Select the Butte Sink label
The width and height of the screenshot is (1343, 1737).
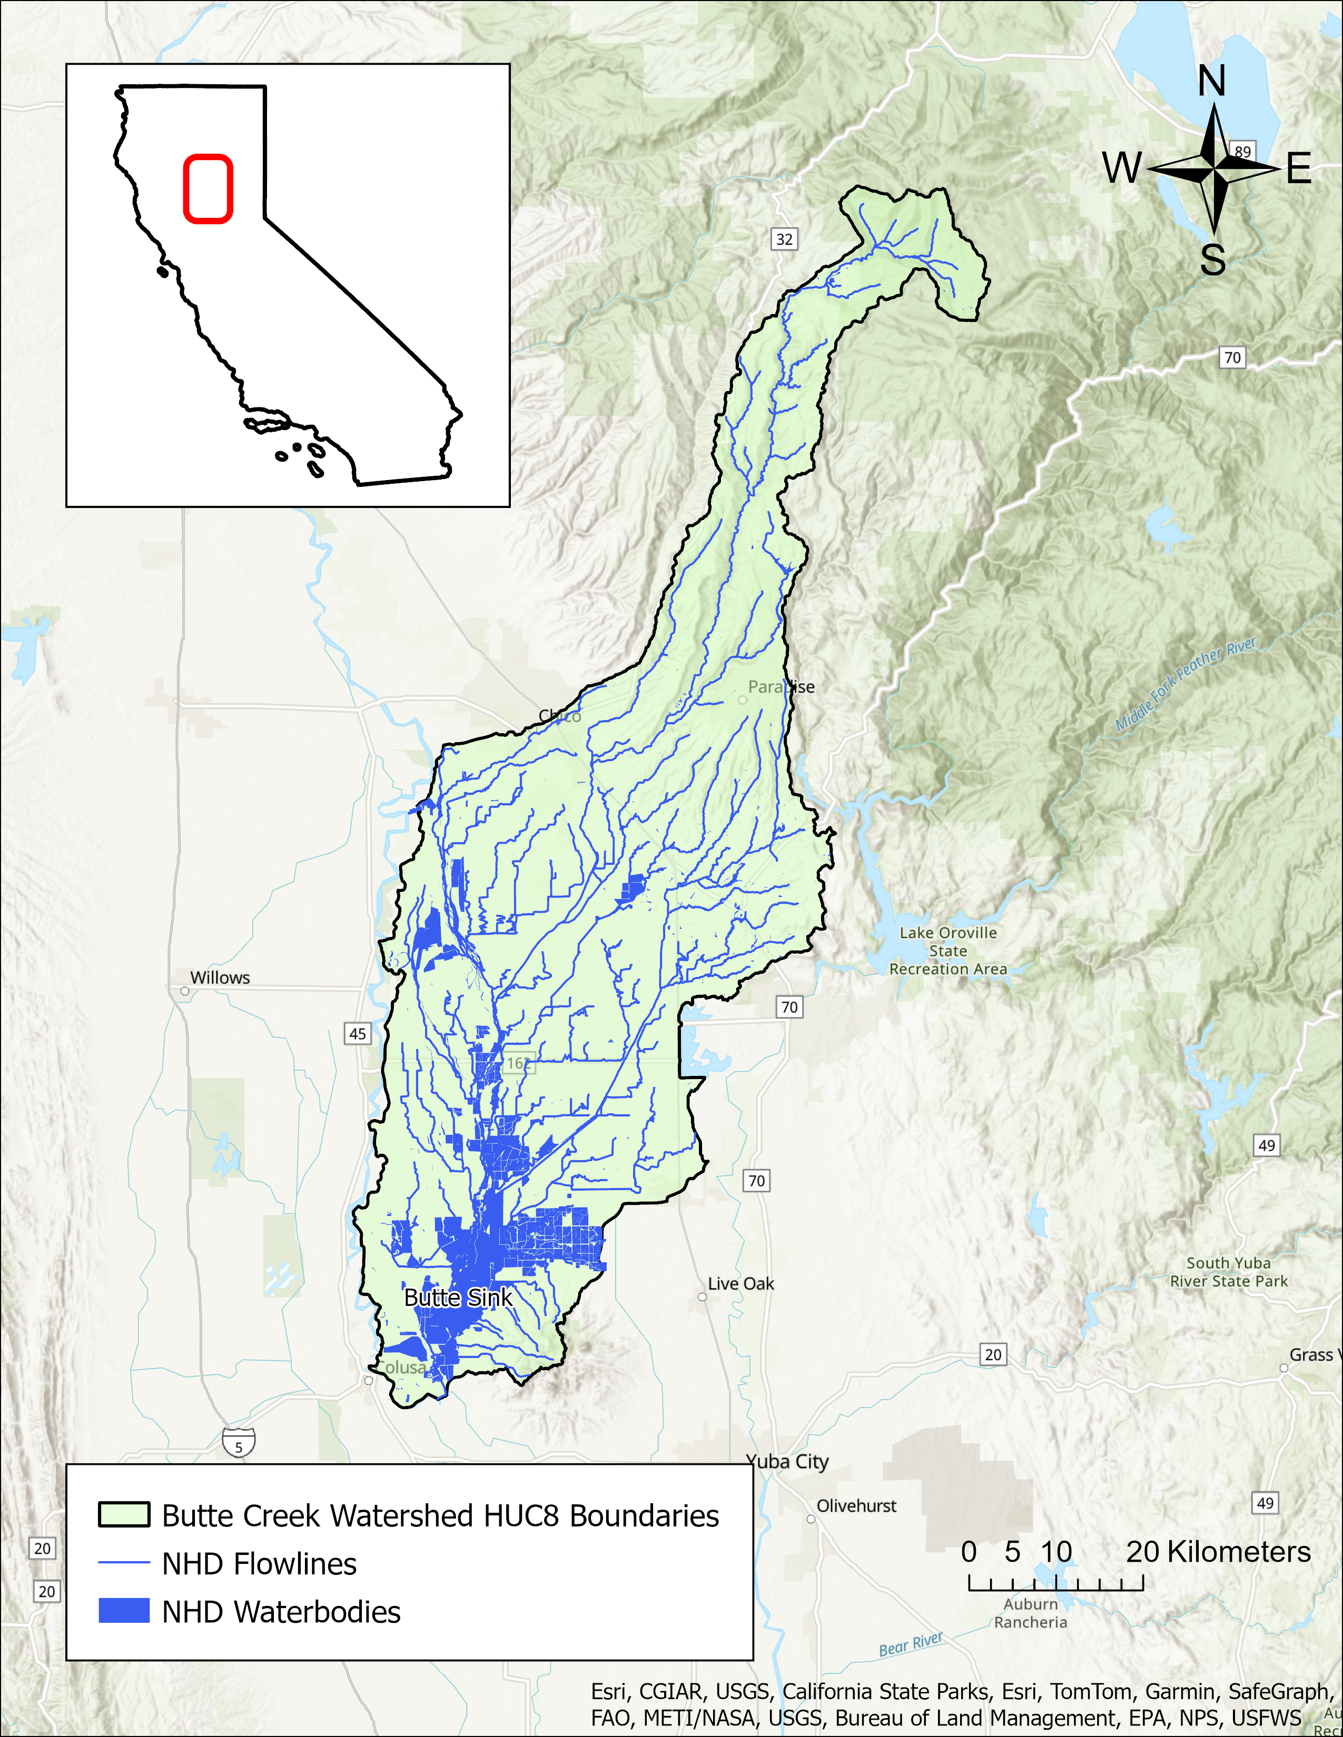(x=458, y=1297)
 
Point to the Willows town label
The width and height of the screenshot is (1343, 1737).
(x=220, y=977)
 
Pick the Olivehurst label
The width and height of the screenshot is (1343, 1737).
(x=856, y=1505)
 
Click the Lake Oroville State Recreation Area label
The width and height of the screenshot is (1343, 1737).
(x=947, y=951)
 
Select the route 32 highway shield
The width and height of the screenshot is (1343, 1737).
(x=784, y=238)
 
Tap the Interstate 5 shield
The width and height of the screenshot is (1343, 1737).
(x=239, y=1441)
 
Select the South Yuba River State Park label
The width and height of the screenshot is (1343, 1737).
(x=1228, y=1272)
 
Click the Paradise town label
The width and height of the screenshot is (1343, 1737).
(x=781, y=686)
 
